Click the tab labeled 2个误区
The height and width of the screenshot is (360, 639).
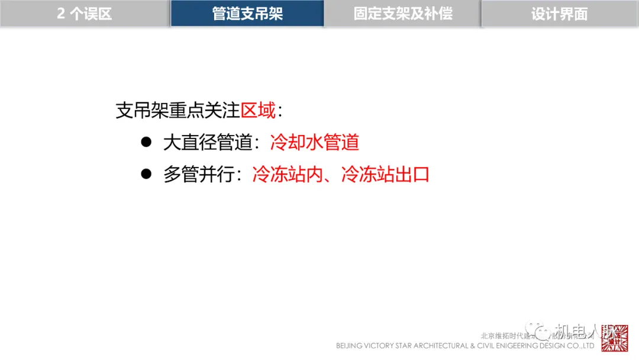pyautogui.click(x=85, y=14)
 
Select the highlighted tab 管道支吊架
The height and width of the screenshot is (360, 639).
pyautogui.click(x=247, y=14)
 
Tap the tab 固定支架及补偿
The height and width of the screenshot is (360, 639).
pyautogui.click(x=403, y=14)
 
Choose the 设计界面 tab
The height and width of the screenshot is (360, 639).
pyautogui.click(x=559, y=14)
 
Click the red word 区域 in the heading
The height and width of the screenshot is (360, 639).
pyautogui.click(x=258, y=111)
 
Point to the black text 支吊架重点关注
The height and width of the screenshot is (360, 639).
pyautogui.click(x=177, y=111)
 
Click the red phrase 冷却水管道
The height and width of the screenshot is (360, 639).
pyautogui.click(x=314, y=143)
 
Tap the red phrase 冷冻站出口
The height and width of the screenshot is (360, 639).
pyautogui.click(x=385, y=175)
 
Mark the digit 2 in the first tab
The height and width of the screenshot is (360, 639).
pyautogui.click(x=61, y=14)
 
